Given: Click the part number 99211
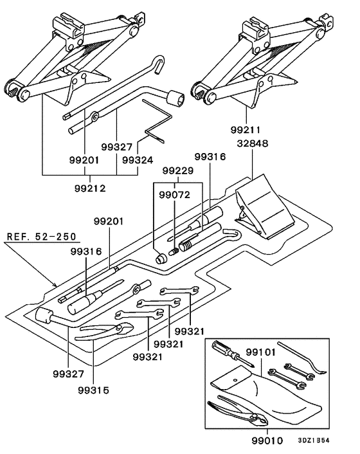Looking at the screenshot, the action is click(x=245, y=130).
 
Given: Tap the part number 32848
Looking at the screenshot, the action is click(x=253, y=143).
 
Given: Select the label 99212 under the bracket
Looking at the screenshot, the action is click(x=90, y=188).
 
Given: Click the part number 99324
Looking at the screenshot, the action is click(x=138, y=160).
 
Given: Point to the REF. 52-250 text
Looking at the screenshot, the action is click(x=41, y=236).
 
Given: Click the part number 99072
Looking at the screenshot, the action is click(x=174, y=195).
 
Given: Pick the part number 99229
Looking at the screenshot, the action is click(x=177, y=170).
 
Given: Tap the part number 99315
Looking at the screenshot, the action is click(x=93, y=390).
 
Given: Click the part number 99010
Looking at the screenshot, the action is click(x=267, y=440).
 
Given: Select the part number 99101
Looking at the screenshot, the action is click(x=261, y=352).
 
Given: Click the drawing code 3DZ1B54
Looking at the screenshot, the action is click(x=314, y=440).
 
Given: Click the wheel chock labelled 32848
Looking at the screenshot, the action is click(x=264, y=207).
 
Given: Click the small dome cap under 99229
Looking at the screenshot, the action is click(x=161, y=258).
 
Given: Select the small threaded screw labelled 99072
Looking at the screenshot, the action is click(x=174, y=252).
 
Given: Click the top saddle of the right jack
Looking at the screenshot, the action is click(x=255, y=28).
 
